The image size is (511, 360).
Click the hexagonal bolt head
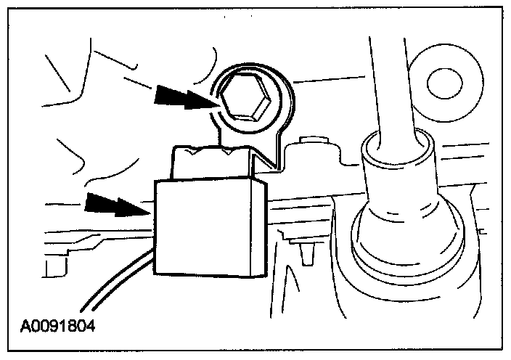point(248,96)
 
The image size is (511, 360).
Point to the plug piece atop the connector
point(210,164)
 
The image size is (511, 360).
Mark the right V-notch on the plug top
point(229,152)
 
